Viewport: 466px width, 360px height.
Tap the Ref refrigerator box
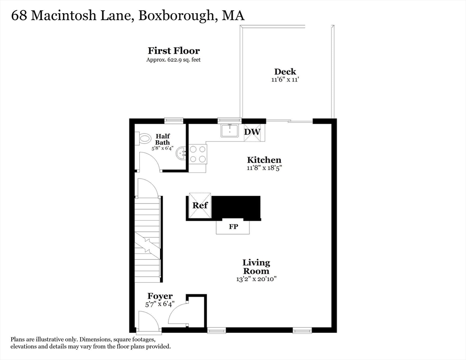click(200, 206)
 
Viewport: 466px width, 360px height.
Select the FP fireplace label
click(233, 227)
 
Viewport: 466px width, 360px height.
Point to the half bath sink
click(181, 153)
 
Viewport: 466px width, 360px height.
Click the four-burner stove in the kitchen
click(198, 153)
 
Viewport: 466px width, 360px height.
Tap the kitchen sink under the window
click(230, 130)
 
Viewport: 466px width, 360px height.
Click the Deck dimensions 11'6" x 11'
click(285, 80)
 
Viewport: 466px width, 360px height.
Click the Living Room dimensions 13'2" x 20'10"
click(256, 279)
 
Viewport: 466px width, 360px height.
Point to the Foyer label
click(160, 296)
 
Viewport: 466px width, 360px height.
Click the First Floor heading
click(173, 51)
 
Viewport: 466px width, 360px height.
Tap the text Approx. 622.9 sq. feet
click(173, 60)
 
